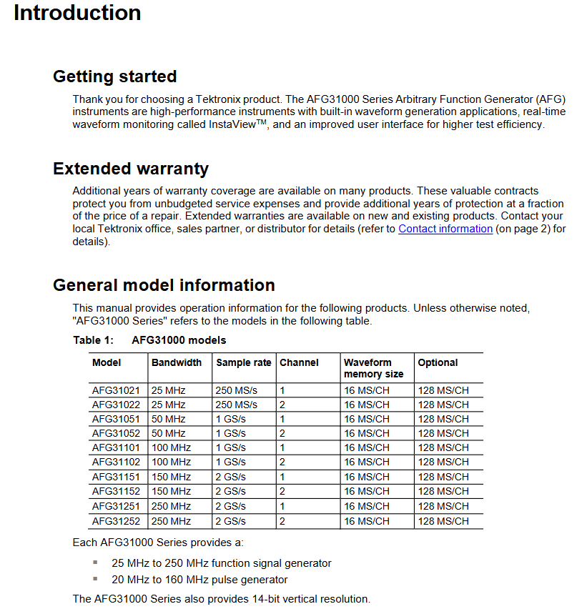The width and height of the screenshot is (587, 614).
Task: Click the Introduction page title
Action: pyautogui.click(x=77, y=13)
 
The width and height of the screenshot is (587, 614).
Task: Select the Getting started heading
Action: pyautogui.click(x=114, y=76)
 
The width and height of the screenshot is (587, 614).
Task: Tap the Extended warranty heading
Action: pyautogui.click(x=131, y=169)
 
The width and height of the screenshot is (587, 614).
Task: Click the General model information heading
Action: pyautogui.click(x=164, y=285)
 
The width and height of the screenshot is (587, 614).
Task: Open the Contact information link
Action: pyautogui.click(x=445, y=229)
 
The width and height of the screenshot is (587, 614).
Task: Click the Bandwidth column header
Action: pyautogui.click(x=177, y=362)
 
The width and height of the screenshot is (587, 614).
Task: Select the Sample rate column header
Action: pyautogui.click(x=244, y=362)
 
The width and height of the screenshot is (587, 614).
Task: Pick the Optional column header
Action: pyautogui.click(x=438, y=362)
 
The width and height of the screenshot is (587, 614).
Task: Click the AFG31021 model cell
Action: pyautogui.click(x=116, y=390)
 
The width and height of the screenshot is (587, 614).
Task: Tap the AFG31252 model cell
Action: pyautogui.click(x=116, y=521)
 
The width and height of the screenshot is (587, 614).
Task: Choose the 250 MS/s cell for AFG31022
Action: pyautogui.click(x=237, y=405)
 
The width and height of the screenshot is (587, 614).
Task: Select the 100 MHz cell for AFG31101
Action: pyautogui.click(x=172, y=447)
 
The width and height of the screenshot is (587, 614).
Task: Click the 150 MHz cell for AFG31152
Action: pyautogui.click(x=172, y=492)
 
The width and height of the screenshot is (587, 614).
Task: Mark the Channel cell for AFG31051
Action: pyautogui.click(x=282, y=419)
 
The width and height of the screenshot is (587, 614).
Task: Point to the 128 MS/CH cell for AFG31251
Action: pyautogui.click(x=443, y=506)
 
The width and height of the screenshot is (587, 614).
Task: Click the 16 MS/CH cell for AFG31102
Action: pyautogui.click(x=367, y=462)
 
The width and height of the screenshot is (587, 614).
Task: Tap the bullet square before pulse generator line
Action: pyautogui.click(x=95, y=579)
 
